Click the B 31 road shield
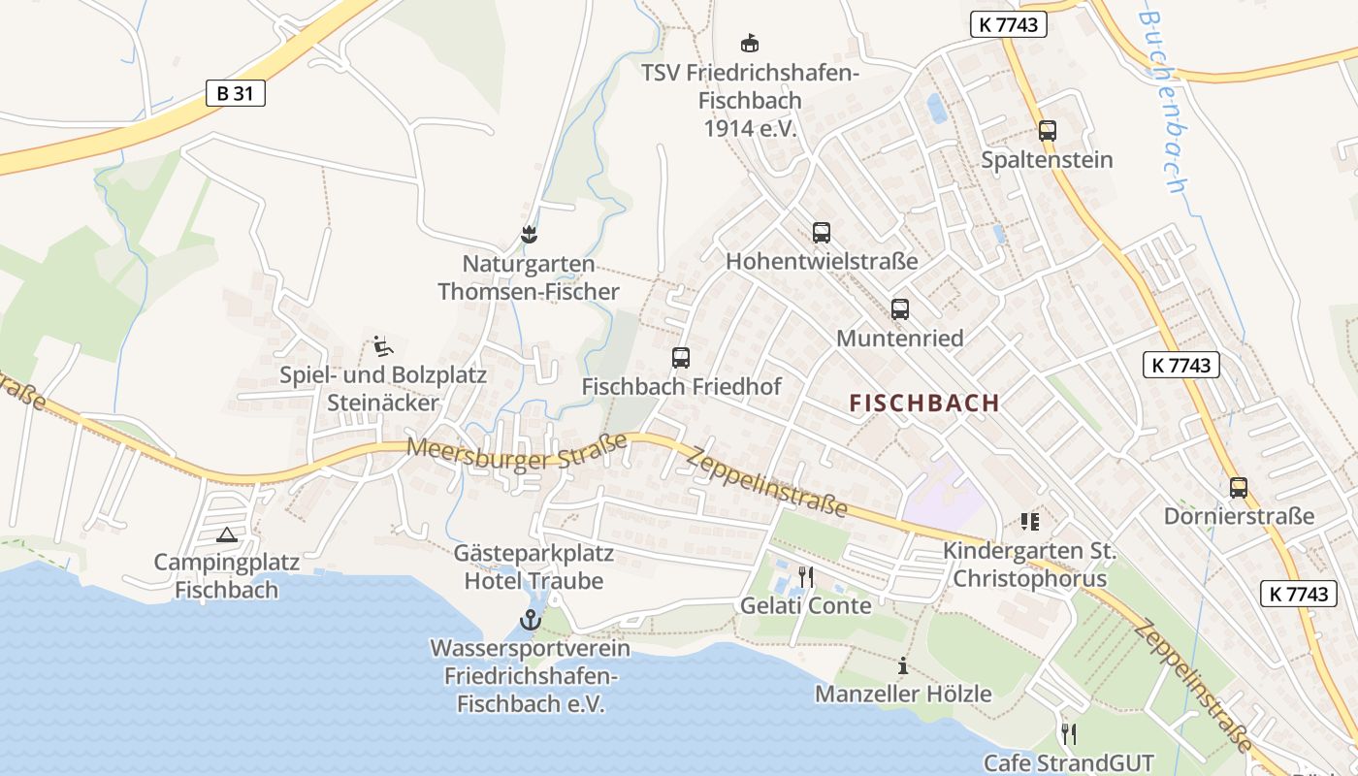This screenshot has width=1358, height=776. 235,93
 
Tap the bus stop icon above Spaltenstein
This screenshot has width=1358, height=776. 1047,131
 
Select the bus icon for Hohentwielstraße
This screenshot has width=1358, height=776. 822,233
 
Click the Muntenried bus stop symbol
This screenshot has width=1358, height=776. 900,309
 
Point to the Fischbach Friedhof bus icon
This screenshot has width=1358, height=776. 681,357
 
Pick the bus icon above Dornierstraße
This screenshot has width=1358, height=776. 1239,487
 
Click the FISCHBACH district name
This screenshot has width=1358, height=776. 924,404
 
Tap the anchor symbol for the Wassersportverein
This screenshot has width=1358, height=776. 530,620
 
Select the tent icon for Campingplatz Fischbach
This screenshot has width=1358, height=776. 227,533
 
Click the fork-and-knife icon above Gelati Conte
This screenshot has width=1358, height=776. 805,577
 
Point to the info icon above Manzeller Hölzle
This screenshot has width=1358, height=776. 903,665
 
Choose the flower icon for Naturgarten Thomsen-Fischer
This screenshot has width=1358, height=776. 529,235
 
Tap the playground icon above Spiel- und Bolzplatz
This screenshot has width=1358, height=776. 382,345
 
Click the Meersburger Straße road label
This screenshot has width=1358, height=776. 517,452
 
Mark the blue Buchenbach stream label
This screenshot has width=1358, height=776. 1164,101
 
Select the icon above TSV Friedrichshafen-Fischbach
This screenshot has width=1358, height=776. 750,43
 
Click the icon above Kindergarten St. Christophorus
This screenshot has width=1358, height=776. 1029,522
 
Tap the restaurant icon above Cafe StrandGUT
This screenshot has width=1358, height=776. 1069,733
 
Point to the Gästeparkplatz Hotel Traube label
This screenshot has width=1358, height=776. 533,567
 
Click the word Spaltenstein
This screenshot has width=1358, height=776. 1047,160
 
